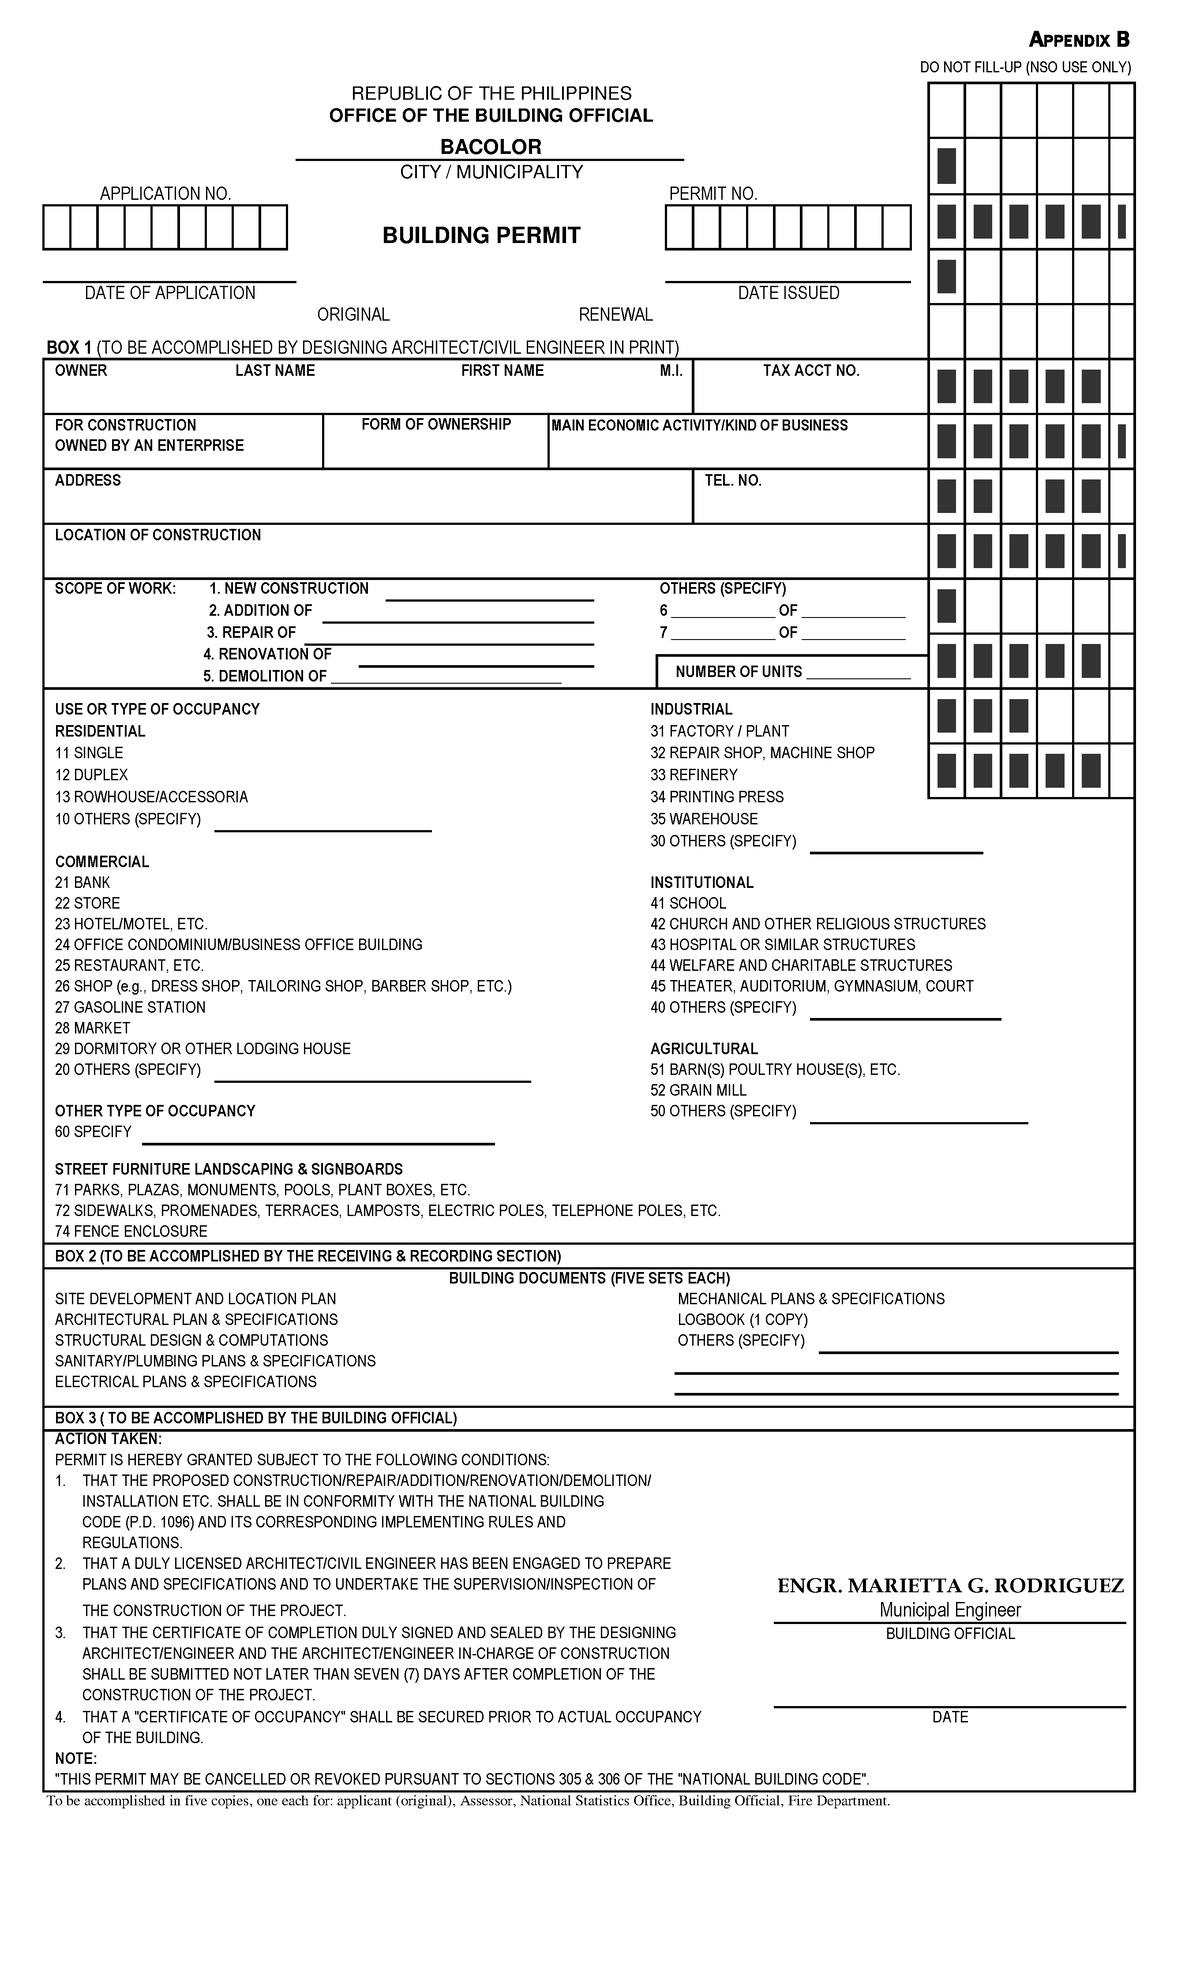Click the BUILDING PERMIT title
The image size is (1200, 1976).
(x=481, y=236)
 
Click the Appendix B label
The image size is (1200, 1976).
(x=1079, y=40)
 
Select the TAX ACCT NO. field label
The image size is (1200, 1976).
(x=810, y=371)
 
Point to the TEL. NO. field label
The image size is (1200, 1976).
(x=733, y=481)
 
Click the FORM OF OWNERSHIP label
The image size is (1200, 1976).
(x=436, y=425)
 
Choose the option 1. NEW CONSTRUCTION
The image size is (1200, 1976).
(x=288, y=589)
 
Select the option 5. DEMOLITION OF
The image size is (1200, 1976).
(x=266, y=676)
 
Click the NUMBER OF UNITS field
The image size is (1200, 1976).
(x=792, y=672)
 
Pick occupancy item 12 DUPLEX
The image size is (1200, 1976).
(x=91, y=775)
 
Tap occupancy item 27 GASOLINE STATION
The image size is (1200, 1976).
(x=130, y=1008)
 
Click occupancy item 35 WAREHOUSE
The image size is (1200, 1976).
(x=704, y=819)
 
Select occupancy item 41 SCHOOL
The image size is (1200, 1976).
(x=688, y=903)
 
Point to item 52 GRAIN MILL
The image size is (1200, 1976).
(x=698, y=1090)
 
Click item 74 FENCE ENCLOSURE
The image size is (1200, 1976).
(x=131, y=1232)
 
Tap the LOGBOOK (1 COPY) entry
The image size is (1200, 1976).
(x=742, y=1320)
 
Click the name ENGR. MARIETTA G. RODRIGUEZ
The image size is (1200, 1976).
(x=950, y=1586)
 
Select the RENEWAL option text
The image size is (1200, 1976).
(x=615, y=315)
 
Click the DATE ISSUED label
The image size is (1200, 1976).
(x=788, y=293)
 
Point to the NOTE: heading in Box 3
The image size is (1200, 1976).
(x=76, y=1759)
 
